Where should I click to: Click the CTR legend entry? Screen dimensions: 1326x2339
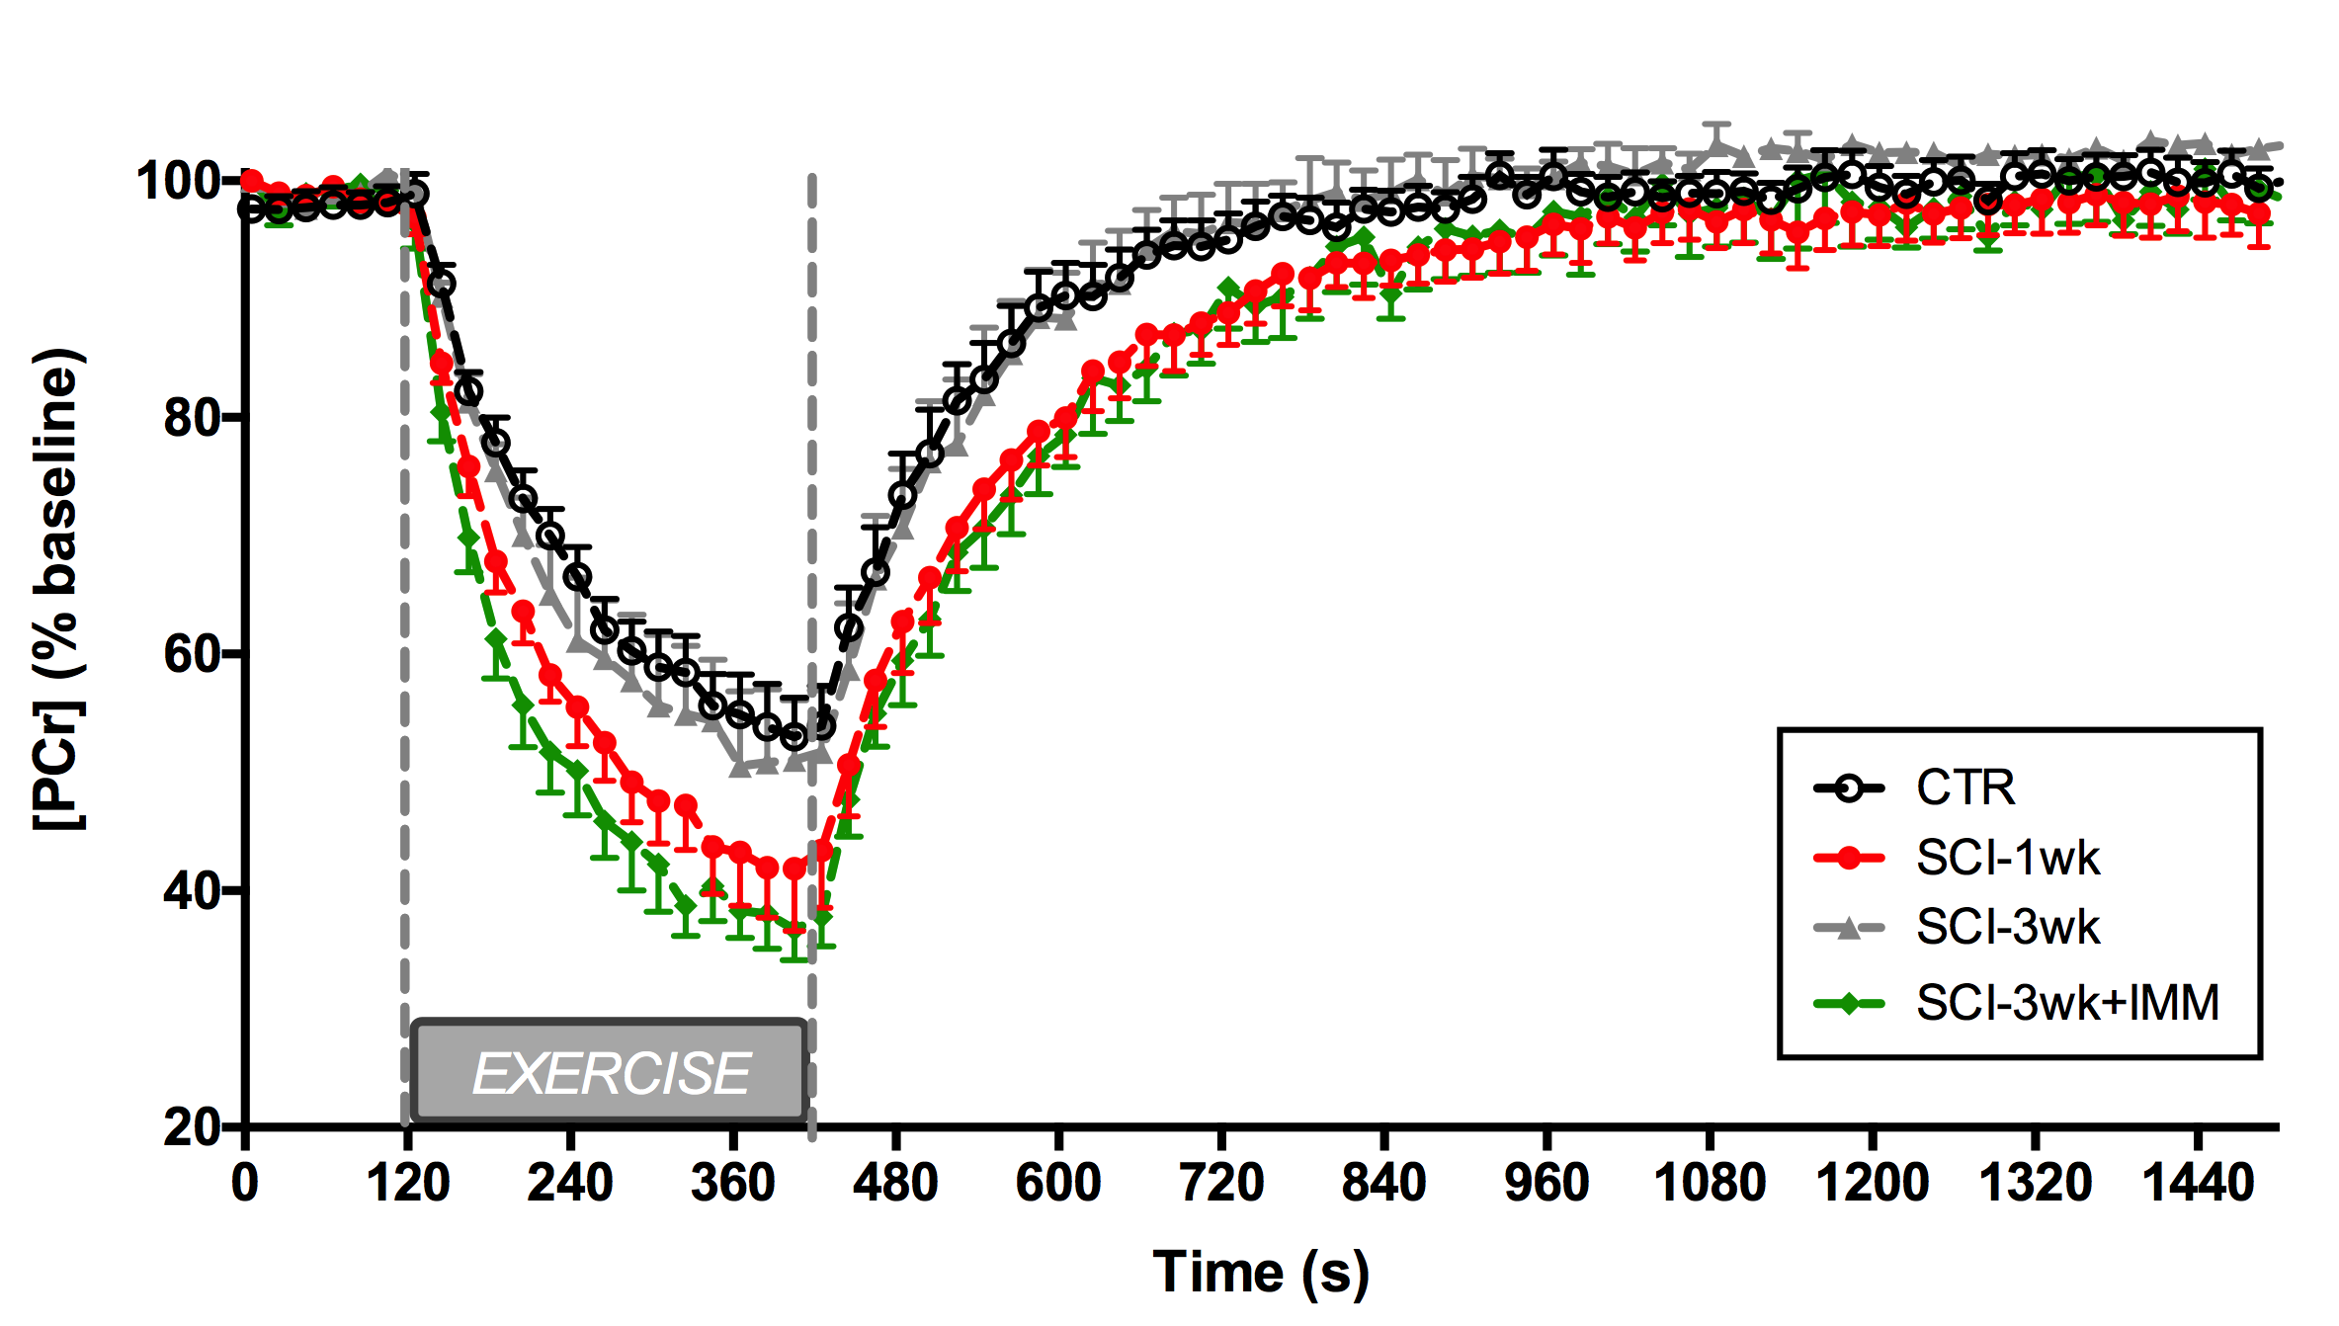(1964, 788)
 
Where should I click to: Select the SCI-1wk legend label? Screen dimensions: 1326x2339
(2007, 858)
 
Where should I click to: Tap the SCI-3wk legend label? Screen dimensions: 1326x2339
(2007, 928)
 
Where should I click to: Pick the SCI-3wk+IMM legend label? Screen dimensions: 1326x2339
(2067, 1004)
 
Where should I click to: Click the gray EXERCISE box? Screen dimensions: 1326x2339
(610, 1073)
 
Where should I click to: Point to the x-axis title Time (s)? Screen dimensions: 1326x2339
(1261, 1273)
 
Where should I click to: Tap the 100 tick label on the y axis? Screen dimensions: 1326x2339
(178, 182)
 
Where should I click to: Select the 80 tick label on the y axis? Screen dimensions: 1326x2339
(192, 418)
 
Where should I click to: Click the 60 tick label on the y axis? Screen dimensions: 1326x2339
(192, 654)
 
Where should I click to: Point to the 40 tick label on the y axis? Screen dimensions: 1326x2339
(192, 891)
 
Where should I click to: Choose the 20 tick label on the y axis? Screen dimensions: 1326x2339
(192, 1127)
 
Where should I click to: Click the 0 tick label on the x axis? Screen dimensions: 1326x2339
(245, 1184)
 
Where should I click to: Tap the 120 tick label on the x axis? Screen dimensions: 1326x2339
(408, 1184)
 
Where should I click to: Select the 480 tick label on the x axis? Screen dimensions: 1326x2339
(895, 1184)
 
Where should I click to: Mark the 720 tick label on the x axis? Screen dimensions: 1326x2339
(1221, 1184)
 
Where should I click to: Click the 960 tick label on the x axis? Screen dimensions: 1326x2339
(1546, 1184)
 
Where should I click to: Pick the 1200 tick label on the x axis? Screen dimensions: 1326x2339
(1872, 1184)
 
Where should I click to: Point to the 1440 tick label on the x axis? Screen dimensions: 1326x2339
(2198, 1184)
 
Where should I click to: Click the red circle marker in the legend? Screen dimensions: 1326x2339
(1849, 858)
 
